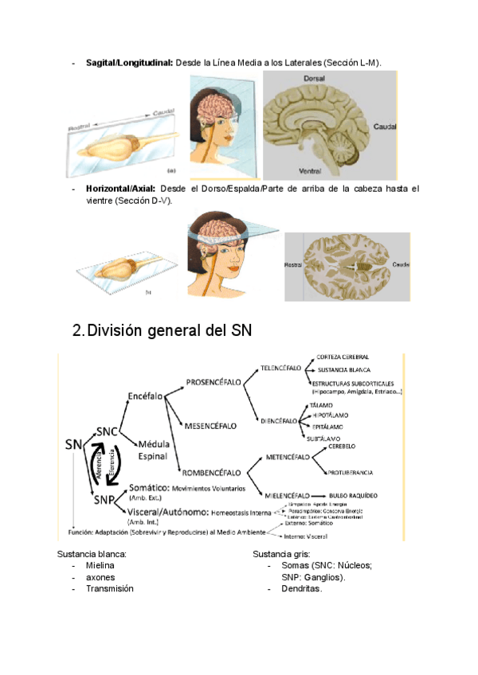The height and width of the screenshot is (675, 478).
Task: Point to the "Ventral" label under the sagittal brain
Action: click(x=310, y=170)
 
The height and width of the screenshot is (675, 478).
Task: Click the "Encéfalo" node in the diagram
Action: click(x=145, y=396)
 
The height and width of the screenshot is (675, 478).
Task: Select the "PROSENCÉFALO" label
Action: click(x=213, y=382)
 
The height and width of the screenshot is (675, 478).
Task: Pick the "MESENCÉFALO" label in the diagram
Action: click(x=210, y=426)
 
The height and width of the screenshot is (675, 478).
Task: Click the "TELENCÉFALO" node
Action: click(x=280, y=369)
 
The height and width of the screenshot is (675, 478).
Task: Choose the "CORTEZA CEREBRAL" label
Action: click(x=343, y=357)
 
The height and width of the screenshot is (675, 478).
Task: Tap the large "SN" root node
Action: click(x=74, y=443)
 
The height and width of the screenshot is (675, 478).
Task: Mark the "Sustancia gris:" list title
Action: click(x=284, y=552)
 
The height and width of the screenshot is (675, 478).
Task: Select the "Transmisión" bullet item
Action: click(x=110, y=588)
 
